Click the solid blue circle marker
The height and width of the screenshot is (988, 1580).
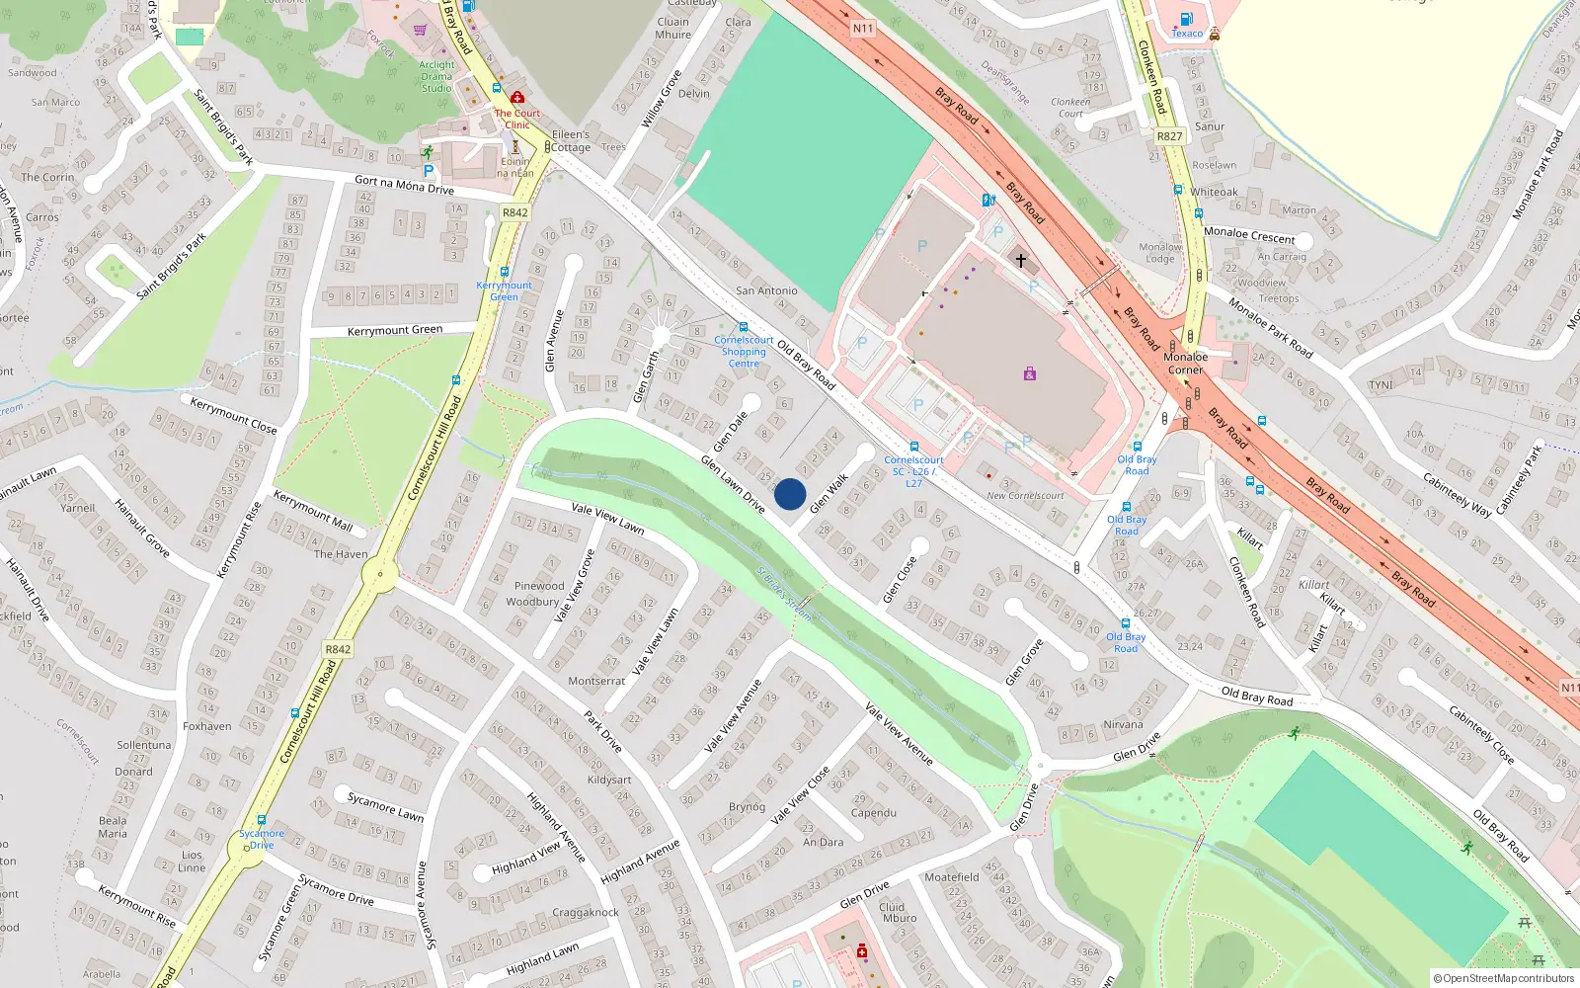pos(790,494)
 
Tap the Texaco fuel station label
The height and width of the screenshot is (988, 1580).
pos(1187,34)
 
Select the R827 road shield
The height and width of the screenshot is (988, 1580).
pos(1169,136)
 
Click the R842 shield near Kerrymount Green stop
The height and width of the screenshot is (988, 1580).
pos(514,212)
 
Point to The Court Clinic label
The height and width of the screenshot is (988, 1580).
pos(517,119)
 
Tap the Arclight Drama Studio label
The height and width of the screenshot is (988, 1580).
pos(436,76)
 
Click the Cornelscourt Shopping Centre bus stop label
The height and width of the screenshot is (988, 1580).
pos(744,352)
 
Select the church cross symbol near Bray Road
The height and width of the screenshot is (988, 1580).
pos(1021,260)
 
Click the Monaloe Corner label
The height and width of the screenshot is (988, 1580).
pos(1185,364)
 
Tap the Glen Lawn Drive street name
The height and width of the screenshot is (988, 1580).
pos(733,484)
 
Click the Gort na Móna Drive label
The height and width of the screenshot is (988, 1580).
pos(404,185)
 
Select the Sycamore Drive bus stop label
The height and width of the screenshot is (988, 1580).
pos(261,839)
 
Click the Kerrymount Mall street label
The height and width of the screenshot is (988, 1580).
pos(312,511)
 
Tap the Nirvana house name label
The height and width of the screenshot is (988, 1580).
pos(1123,724)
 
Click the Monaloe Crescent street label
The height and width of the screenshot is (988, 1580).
pos(1249,235)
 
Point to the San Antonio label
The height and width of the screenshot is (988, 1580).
pos(766,290)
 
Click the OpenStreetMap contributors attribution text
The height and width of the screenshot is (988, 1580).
pos(1503,978)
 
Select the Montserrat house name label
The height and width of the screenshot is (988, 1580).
pos(596,681)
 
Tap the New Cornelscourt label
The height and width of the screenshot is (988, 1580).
pos(1025,496)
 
